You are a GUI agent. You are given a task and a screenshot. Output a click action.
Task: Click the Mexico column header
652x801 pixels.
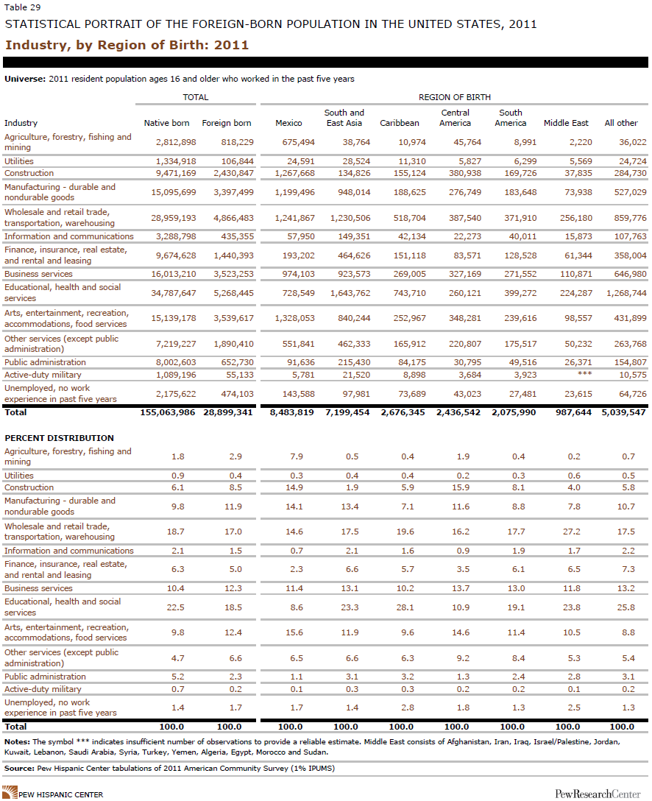[x=288, y=123]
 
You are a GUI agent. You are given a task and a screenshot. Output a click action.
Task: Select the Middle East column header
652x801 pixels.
[x=566, y=123]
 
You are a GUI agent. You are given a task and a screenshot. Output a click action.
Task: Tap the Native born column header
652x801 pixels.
[x=166, y=123]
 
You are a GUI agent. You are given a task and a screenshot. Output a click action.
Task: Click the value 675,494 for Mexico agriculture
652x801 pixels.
[x=298, y=142]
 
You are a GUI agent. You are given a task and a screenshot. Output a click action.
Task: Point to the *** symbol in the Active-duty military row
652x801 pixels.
[x=584, y=374]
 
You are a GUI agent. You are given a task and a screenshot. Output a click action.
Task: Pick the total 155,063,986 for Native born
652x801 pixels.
[x=168, y=412]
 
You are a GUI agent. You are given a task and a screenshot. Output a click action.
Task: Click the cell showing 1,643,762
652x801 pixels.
[x=350, y=293]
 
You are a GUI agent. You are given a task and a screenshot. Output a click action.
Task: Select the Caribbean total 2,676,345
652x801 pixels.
[x=403, y=412]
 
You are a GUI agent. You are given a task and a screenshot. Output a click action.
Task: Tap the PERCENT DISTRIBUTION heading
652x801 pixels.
[x=59, y=438]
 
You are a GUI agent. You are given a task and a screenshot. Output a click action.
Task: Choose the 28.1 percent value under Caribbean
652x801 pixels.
[x=405, y=607]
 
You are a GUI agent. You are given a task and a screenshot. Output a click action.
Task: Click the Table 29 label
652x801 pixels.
[x=23, y=7]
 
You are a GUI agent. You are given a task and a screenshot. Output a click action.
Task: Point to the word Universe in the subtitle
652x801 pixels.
[x=24, y=80]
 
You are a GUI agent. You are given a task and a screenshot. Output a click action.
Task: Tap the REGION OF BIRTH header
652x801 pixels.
[x=454, y=97]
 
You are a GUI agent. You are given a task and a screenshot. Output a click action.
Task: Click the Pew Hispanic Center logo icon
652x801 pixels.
[x=10, y=793]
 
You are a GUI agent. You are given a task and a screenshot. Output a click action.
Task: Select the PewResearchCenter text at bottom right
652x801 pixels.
[x=598, y=794]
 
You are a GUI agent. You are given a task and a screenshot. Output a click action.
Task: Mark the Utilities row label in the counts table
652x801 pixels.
[x=19, y=161]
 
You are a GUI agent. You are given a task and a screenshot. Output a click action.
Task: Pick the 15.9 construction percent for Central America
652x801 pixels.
[x=461, y=488]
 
